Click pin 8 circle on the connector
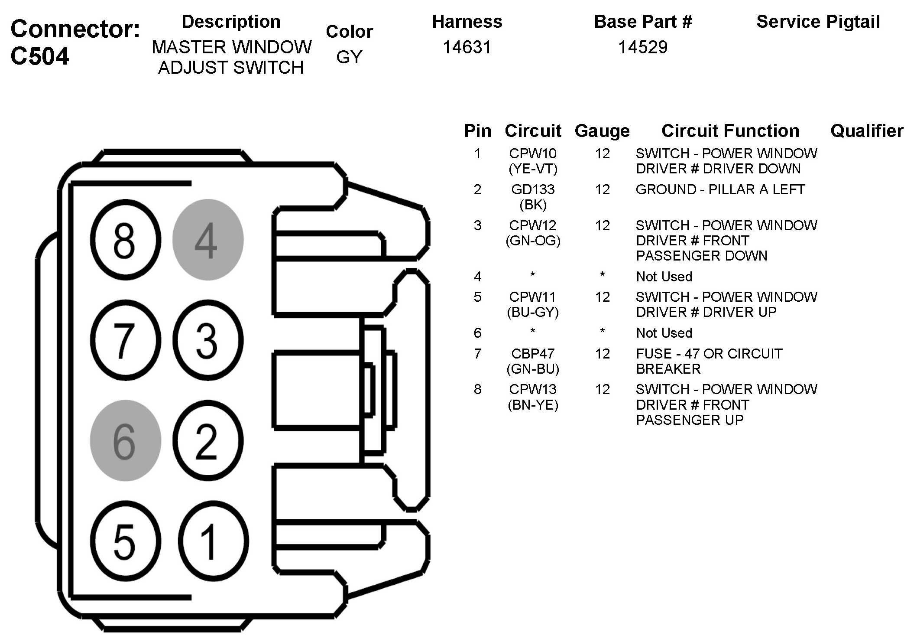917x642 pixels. (125, 240)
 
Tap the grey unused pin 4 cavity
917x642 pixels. (207, 240)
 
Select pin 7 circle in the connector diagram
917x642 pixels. (125, 340)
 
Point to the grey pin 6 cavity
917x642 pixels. (125, 440)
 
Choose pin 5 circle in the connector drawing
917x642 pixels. (125, 541)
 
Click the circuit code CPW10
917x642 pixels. (533, 153)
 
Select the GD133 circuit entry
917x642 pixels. (533, 189)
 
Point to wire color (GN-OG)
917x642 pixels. (533, 241)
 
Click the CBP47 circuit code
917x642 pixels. (533, 354)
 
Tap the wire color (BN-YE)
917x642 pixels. (533, 405)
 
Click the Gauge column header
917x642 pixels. (602, 131)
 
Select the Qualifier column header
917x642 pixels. (867, 131)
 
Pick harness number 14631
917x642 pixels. (467, 47)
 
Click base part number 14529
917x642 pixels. (643, 47)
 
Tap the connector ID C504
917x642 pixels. (40, 56)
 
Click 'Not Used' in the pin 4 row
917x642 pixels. (664, 277)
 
